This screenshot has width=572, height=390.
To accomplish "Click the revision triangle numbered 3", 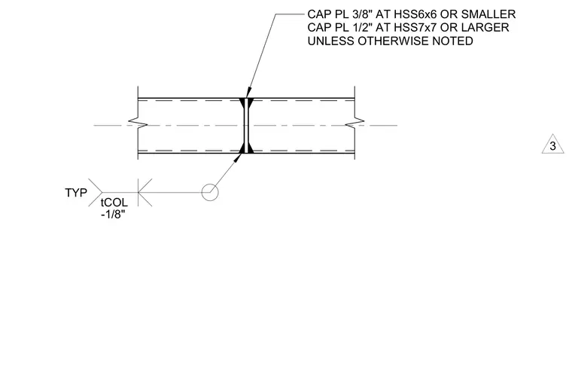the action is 552,145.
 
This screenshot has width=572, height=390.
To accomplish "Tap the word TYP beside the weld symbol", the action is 76,193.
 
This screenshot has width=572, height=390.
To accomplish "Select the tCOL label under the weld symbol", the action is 114,203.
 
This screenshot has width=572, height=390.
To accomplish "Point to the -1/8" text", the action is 113,214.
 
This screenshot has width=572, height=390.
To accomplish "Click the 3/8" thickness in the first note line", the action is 360,14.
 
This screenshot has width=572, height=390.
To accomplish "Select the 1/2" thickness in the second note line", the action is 360,28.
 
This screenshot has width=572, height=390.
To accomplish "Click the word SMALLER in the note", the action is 488,14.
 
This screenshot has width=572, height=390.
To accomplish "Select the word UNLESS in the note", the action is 331,41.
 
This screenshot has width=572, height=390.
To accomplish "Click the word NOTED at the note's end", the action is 453,41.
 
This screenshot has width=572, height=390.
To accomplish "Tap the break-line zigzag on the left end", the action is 138,123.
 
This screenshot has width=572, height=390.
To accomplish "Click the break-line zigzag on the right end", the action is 354,123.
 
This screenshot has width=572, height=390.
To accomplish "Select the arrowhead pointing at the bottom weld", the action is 238,157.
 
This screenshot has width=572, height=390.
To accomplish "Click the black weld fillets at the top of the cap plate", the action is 246,103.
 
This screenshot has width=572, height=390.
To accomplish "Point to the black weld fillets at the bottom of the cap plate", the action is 246,148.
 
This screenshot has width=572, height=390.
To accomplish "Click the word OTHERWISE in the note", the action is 393,41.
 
